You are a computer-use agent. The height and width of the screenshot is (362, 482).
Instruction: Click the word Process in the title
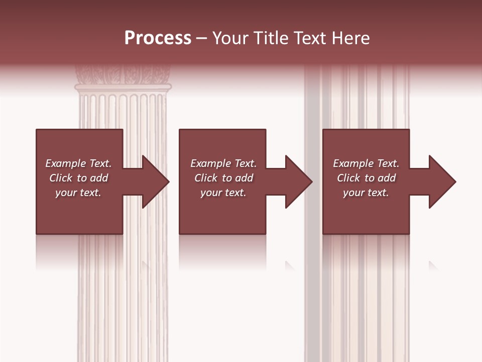pyautogui.click(x=158, y=38)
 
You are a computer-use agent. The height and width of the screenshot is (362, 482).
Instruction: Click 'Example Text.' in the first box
pyautogui.click(x=78, y=163)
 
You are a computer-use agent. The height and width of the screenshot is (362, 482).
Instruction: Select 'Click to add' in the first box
pyautogui.click(x=79, y=178)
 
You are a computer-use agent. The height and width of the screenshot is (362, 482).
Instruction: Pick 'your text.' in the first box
pyautogui.click(x=78, y=193)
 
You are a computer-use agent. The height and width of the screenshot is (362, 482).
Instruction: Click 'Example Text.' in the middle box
pyautogui.click(x=223, y=163)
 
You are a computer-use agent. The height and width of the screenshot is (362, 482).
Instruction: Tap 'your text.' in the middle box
pyautogui.click(x=223, y=193)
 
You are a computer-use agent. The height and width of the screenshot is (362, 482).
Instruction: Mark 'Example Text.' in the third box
pyautogui.click(x=366, y=163)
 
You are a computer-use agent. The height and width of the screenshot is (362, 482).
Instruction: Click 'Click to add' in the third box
pyautogui.click(x=367, y=178)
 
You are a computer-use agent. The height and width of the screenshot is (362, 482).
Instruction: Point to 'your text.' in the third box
pyautogui.click(x=366, y=193)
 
